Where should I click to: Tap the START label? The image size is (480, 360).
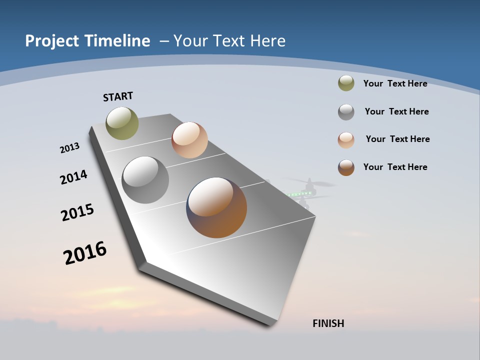click(x=118, y=96)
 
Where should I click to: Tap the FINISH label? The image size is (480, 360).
click(x=328, y=323)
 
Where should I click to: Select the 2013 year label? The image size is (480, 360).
click(x=70, y=148)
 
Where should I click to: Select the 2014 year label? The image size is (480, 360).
click(x=74, y=177)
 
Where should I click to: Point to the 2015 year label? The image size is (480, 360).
click(x=77, y=212)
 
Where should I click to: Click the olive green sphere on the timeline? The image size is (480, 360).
click(x=122, y=123)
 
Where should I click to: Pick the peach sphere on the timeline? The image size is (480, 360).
click(x=189, y=140)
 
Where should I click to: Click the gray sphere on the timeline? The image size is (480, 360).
click(x=145, y=180)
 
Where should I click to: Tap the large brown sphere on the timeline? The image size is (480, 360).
click(x=216, y=207)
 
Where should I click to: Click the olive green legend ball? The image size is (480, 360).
click(x=346, y=83)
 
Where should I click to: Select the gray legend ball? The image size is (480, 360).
click(x=346, y=112)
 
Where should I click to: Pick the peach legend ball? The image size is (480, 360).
click(x=346, y=139)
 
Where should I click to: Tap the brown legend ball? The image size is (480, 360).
click(x=346, y=167)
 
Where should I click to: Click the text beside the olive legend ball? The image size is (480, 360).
click(x=395, y=83)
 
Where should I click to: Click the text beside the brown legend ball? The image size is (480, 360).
click(x=395, y=167)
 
